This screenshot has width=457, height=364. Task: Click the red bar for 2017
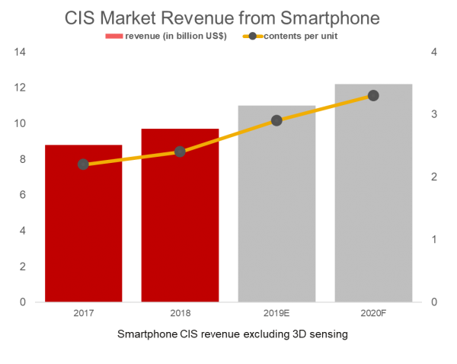point(84,228)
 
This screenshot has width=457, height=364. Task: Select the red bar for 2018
point(180,221)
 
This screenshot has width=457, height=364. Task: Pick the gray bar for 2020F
point(373,198)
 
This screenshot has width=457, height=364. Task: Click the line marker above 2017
point(84,164)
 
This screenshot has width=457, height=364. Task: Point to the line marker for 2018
point(180,152)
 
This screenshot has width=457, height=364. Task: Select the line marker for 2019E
point(276,120)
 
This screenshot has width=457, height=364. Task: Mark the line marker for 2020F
point(373,95)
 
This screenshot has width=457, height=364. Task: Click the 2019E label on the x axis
point(276,313)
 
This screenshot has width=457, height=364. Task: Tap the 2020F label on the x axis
point(373,313)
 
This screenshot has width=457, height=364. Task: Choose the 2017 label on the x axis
point(84,313)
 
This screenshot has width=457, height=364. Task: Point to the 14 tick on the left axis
point(20,52)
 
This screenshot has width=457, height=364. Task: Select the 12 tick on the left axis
point(20,88)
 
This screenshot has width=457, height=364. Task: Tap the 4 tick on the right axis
point(435,52)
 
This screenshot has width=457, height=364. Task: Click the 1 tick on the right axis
point(435,239)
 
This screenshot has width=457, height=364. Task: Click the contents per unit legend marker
point(251,37)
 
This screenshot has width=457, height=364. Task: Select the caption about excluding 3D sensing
point(233,334)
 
